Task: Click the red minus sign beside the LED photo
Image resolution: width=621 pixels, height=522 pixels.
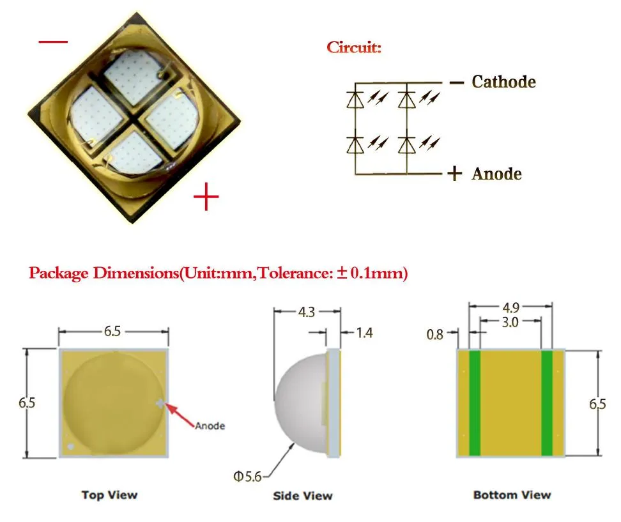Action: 53,42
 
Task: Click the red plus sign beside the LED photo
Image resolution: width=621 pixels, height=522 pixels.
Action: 206,196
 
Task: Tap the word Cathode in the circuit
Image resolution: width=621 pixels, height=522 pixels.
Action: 503,82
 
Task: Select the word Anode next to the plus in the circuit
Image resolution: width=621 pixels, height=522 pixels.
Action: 496,174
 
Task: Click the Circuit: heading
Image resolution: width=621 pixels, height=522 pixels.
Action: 354,47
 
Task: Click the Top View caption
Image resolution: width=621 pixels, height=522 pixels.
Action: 109,495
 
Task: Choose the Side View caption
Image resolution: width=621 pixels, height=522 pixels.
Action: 302,495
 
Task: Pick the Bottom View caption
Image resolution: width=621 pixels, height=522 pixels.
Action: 512,495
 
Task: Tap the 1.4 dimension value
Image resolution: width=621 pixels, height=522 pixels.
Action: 364,333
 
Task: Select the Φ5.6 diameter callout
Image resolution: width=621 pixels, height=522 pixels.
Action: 249,477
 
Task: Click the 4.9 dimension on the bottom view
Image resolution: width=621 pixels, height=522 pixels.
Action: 510,307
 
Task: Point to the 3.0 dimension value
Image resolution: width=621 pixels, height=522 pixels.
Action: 510,322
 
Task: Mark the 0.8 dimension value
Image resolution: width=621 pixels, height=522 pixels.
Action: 434,334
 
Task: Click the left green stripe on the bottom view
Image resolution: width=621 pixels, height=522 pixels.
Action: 475,403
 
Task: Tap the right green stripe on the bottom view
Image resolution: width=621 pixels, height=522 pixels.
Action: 547,403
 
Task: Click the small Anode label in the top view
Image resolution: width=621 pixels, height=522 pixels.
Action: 210,426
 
